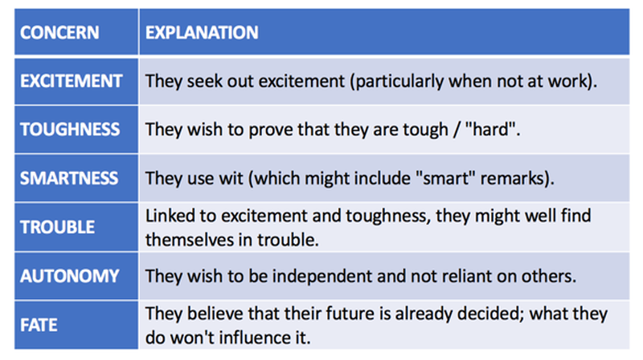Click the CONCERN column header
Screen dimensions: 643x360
click(59, 33)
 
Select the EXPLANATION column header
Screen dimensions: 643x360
click(202, 33)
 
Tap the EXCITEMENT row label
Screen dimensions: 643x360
click(72, 81)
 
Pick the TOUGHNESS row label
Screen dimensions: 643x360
click(70, 129)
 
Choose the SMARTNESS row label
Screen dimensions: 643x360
click(69, 178)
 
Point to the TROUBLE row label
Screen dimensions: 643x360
click(57, 227)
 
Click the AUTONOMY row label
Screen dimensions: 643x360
click(70, 276)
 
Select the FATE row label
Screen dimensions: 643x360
click(39, 325)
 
